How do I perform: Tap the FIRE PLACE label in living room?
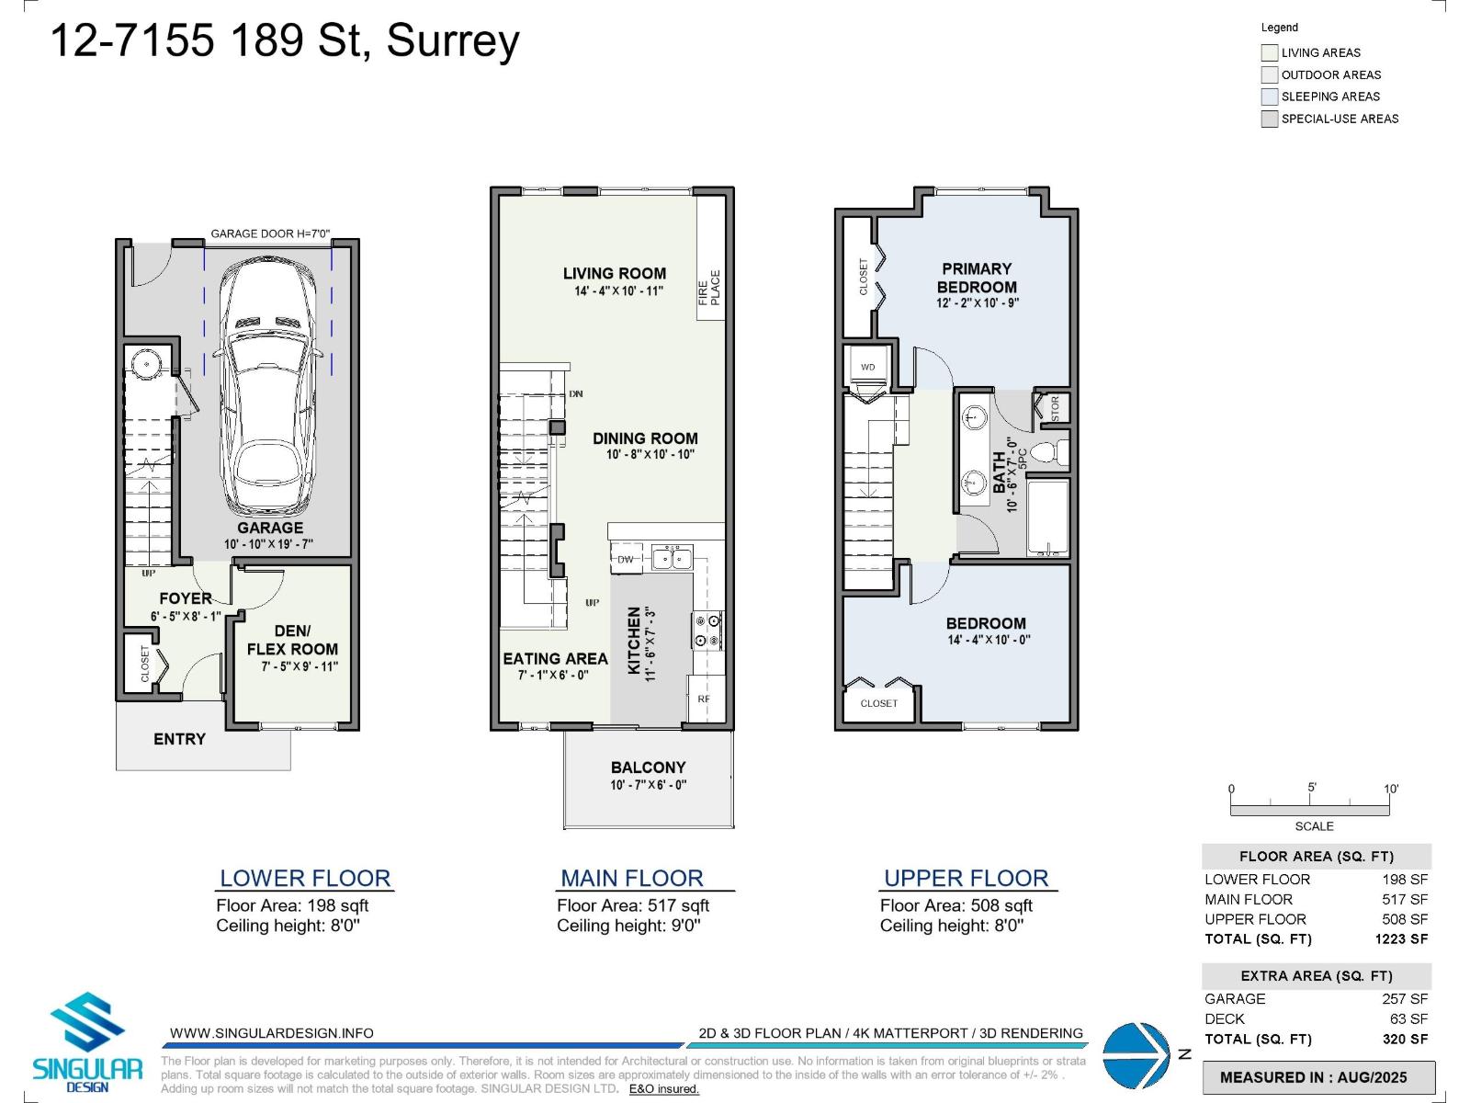709,288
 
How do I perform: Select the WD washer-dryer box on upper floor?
867,367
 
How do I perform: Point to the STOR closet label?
1055,408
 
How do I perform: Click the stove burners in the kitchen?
707,631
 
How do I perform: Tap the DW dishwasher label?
626,559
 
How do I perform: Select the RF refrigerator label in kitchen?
704,699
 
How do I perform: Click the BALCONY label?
648,768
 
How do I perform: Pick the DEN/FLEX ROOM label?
292,640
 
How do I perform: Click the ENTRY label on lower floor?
179,739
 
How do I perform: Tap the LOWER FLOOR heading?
305,878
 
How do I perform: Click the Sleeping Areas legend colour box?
1270,97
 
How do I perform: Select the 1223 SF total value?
1401,938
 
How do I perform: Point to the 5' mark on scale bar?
1312,788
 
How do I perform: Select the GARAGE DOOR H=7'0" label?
269,233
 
